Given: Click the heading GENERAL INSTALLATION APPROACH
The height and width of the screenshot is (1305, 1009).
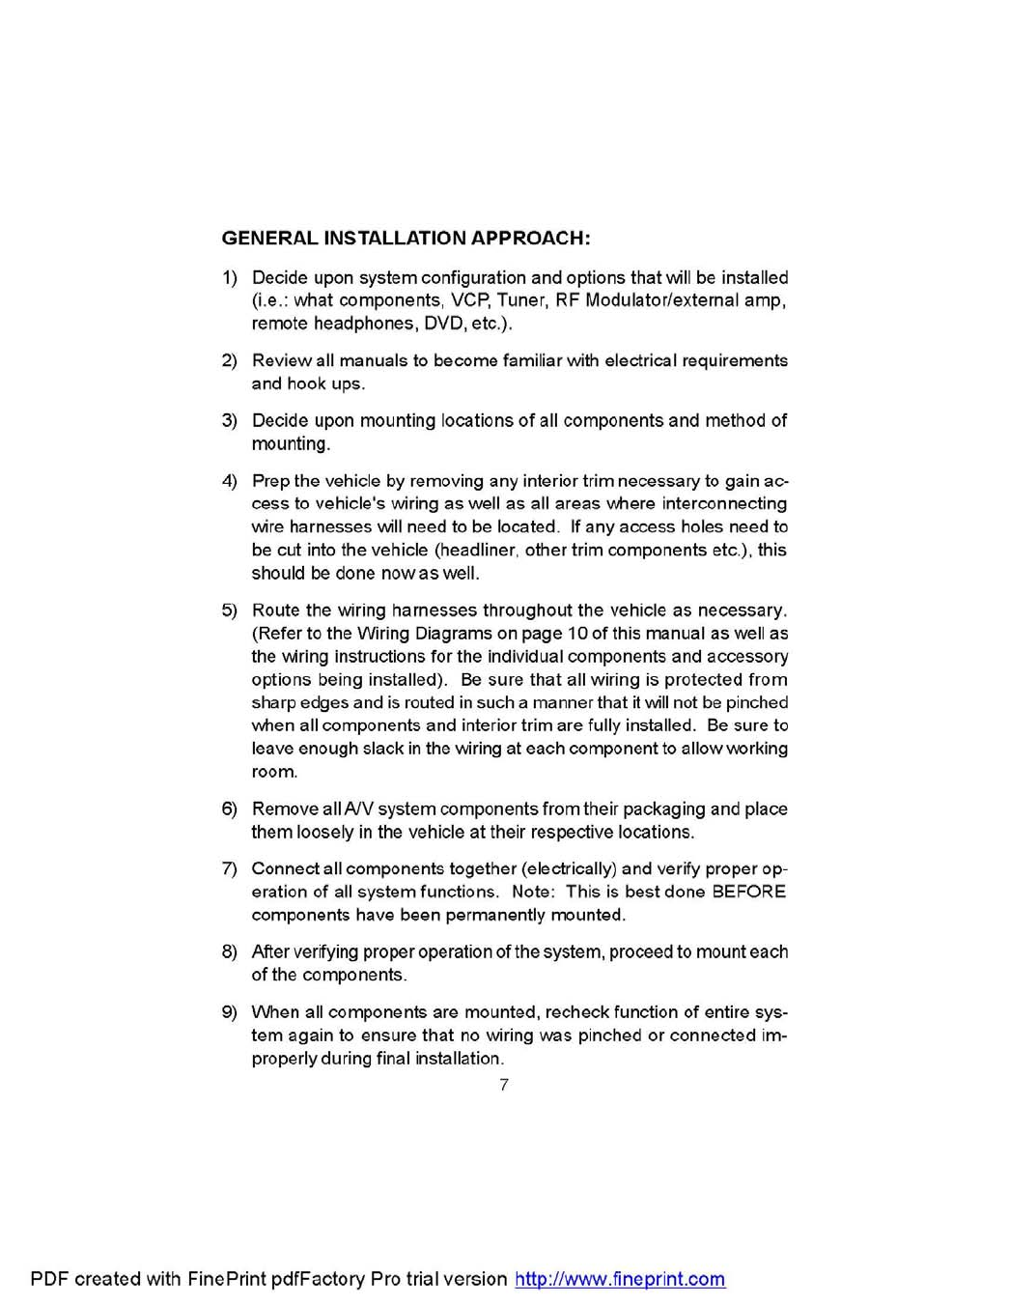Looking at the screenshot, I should pos(406,239).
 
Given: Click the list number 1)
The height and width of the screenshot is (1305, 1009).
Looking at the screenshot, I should pos(229,278).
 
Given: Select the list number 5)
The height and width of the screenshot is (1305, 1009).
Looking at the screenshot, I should pos(229,610).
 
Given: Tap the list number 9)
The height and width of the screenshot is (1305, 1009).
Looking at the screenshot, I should pos(229,1012).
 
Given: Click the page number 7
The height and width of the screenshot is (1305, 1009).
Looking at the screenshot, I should pos(504,1085).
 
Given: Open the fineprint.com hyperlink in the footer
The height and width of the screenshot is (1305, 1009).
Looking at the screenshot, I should pos(620,1279).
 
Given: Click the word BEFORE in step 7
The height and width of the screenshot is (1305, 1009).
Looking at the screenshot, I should pos(748,892).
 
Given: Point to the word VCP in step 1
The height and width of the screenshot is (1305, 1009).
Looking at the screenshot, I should pos(468,300).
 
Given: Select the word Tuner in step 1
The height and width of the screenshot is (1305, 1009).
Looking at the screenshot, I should pos(521,300).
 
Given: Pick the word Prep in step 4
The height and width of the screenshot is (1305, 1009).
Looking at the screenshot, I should pos(270,481).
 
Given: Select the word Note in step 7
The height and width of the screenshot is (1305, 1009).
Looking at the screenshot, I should pos(532,892).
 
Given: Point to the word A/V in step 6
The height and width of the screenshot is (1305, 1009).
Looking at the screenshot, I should pos(357,809).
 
